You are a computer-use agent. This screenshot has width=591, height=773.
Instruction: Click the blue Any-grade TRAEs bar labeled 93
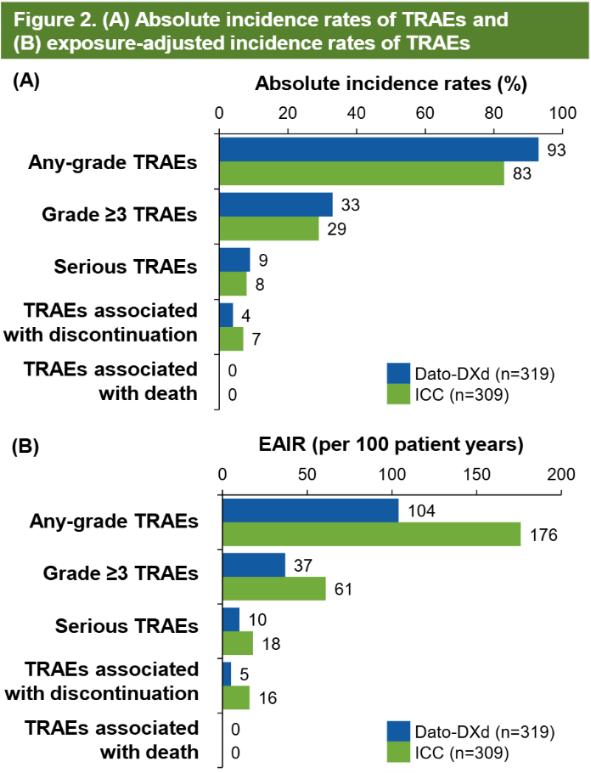(379, 150)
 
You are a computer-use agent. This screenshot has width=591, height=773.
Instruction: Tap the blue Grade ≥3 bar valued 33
(276, 205)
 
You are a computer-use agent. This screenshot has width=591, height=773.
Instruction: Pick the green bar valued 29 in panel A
(269, 229)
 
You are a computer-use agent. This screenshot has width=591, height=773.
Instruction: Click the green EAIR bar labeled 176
(371, 534)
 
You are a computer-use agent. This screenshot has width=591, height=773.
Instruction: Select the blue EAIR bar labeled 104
(310, 511)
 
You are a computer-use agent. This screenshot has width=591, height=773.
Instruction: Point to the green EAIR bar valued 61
(273, 589)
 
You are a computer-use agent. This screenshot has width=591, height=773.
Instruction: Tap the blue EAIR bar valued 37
(254, 565)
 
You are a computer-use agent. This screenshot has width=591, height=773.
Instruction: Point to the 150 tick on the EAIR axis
(476, 474)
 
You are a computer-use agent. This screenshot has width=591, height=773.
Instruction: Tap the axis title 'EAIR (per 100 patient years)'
(391, 444)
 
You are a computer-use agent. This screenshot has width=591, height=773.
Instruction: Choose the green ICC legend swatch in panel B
(398, 753)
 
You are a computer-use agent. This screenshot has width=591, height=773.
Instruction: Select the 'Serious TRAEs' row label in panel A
(125, 266)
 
